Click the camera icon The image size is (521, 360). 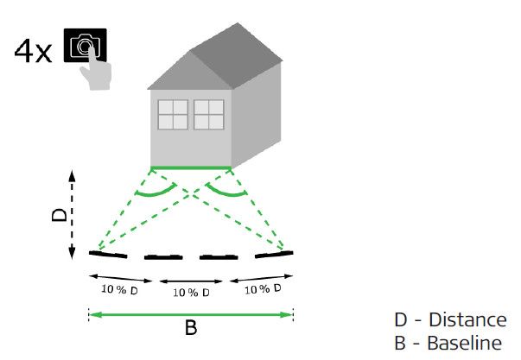click(85, 45)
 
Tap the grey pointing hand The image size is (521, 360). click(97, 72)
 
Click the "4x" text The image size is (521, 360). click(33, 51)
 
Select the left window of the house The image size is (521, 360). click(173, 115)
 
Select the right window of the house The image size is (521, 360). click(209, 115)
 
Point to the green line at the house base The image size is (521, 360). click(191, 167)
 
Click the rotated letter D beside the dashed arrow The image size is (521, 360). click(60, 215)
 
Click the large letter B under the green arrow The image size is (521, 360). click(191, 327)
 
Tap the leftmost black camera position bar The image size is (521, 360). click(108, 255)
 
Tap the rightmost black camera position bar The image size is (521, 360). click(274, 255)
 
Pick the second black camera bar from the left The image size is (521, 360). click(163, 257)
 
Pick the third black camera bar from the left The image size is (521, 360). click(219, 257)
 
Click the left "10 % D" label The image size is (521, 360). click(119, 289)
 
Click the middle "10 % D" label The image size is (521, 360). click(191, 293)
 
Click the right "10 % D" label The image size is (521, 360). click(263, 289)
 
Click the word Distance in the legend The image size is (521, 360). click(467, 319)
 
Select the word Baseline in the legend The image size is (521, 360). click(465, 343)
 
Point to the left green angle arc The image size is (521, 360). click(156, 193)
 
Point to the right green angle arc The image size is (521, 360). click(226, 193)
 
